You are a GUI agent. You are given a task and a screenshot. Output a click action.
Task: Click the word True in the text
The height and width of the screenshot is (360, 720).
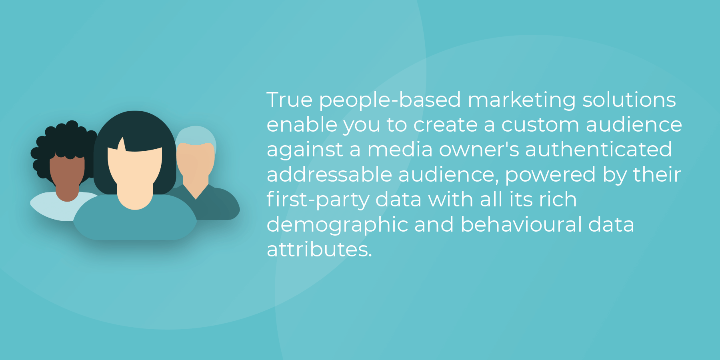(x=290, y=100)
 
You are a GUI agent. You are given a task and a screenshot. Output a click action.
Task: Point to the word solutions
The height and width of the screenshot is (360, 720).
(x=629, y=100)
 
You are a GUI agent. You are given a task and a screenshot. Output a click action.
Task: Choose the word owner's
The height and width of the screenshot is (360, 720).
(x=479, y=150)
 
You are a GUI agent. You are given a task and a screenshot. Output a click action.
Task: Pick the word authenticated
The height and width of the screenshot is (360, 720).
(x=598, y=150)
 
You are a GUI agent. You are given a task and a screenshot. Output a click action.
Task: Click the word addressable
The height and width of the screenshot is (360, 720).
(x=329, y=174)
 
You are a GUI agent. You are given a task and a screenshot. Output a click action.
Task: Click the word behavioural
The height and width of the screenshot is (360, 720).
(x=521, y=224)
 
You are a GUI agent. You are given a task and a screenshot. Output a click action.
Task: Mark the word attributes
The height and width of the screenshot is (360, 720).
(x=319, y=250)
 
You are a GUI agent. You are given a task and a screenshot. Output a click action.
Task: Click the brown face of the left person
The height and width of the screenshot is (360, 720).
(x=67, y=176)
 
